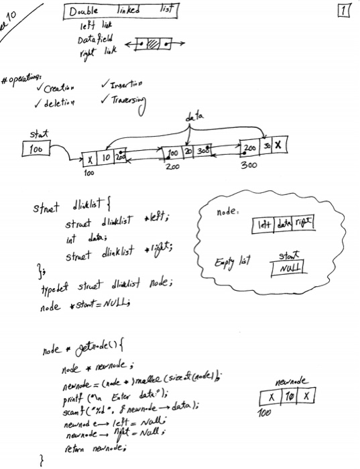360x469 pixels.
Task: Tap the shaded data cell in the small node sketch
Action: coord(154,44)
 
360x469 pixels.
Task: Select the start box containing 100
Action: coord(36,148)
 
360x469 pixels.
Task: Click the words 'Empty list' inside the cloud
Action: coord(231,262)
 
